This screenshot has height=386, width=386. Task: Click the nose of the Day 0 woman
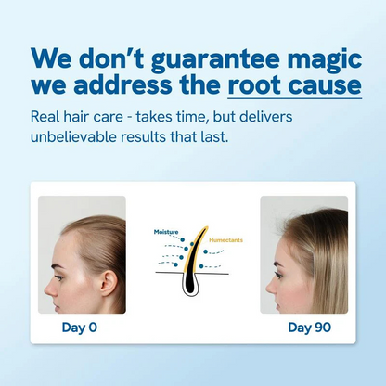point(42,263)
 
